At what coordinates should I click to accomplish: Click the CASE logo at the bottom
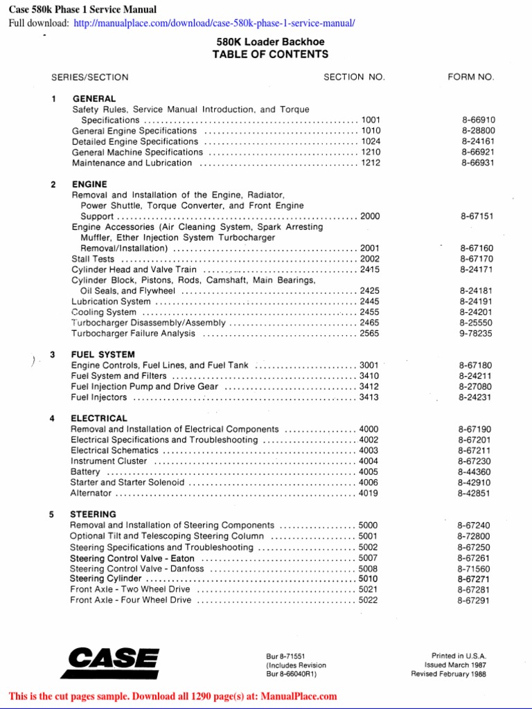[x=109, y=663]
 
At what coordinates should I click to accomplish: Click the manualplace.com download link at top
[x=214, y=24]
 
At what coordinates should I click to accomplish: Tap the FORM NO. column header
[x=471, y=78]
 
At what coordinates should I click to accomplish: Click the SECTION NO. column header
[x=354, y=78]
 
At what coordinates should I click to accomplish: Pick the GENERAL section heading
[x=94, y=99]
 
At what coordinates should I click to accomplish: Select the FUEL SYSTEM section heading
[x=103, y=354]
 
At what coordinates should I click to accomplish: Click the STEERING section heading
[x=93, y=514]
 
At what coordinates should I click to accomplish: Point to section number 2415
[x=370, y=269]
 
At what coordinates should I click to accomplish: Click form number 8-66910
[x=478, y=120]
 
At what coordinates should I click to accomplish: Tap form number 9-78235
[x=476, y=334]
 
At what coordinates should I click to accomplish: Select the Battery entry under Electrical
[x=85, y=472]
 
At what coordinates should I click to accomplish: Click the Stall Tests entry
[x=93, y=259]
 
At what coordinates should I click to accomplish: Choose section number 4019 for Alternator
[x=369, y=493]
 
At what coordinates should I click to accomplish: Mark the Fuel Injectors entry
[x=99, y=397]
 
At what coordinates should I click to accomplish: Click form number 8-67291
[x=474, y=600]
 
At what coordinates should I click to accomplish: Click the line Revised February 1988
[x=449, y=674]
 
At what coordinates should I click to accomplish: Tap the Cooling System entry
[x=104, y=312]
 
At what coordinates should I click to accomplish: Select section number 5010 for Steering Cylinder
[x=369, y=579]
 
